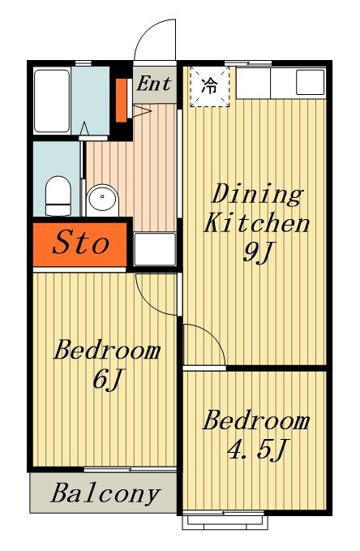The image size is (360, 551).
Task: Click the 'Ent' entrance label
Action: point(154,84)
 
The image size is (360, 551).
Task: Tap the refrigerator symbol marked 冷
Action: point(210,87)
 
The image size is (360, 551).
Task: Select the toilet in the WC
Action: point(58,196)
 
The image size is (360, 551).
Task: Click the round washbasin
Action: point(102,200)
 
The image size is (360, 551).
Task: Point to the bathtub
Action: point(52,101)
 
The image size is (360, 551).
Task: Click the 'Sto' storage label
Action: point(81,243)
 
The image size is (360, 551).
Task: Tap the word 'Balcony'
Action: point(105,493)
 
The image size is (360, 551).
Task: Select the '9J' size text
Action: point(258,252)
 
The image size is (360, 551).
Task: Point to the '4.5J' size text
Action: point(257,450)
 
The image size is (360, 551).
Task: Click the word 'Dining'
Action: point(257,194)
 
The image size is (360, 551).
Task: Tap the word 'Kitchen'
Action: point(257,223)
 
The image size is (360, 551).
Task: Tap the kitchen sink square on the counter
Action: point(310,82)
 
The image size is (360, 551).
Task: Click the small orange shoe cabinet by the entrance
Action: point(121,101)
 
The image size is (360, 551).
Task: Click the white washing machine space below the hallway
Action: point(155,249)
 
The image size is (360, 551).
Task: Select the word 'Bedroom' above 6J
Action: point(107,350)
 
